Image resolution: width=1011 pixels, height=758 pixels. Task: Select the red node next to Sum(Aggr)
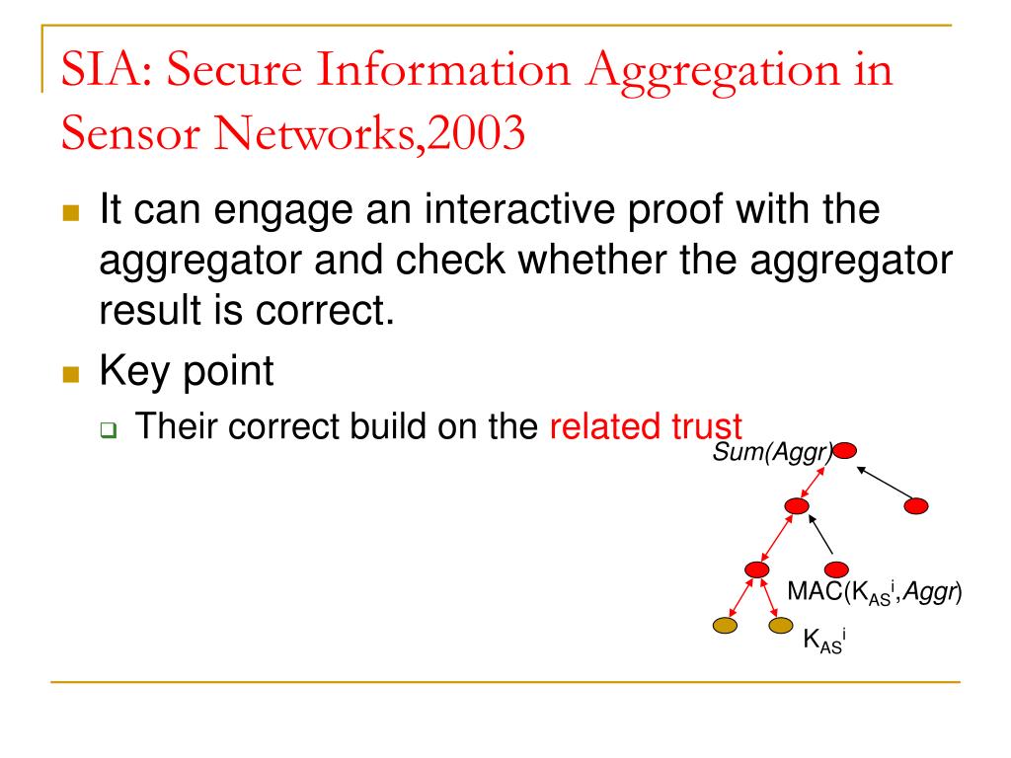[845, 452]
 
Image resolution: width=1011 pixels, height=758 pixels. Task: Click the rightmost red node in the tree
[916, 506]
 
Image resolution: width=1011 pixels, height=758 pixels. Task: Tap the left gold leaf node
[725, 625]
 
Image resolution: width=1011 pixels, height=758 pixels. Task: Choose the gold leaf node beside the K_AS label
[781, 625]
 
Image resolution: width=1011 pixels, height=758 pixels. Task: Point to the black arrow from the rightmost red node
[882, 483]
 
